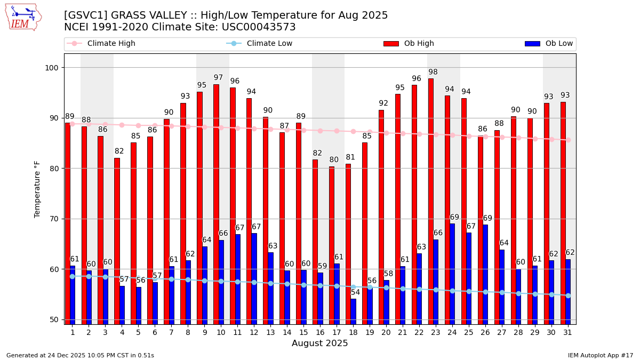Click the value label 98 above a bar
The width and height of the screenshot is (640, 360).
tap(433, 72)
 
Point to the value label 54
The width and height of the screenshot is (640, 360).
tap(355, 292)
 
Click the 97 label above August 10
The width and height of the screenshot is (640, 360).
tap(218, 78)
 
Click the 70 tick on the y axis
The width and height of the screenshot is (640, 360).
tap(54, 219)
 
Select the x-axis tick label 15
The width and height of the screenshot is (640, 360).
tap(303, 332)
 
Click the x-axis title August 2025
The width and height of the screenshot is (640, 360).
tap(319, 343)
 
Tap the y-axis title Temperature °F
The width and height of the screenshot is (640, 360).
tap(37, 189)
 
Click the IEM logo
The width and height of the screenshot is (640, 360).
tap(22, 17)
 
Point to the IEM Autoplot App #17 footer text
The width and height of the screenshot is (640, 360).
tap(600, 355)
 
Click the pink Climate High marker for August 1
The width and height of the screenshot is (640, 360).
tap(72, 124)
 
